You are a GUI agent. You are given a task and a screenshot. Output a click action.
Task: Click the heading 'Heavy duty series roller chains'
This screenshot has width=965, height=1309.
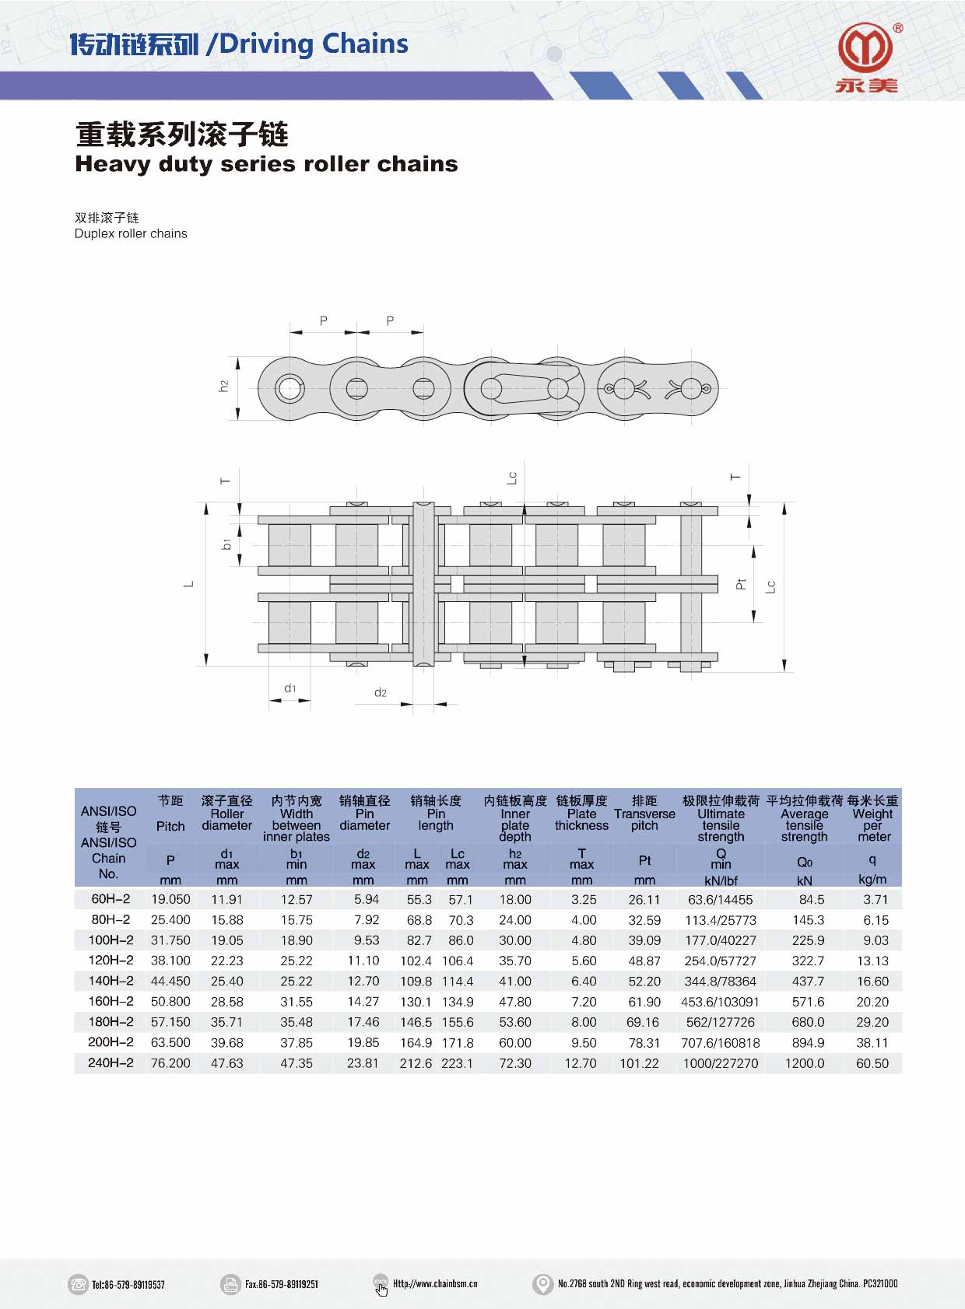pyautogui.click(x=267, y=164)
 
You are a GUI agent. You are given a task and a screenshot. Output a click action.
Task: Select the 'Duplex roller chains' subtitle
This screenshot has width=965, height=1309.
pyautogui.click(x=131, y=234)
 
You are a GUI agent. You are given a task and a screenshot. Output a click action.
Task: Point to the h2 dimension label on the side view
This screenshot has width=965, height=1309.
pyautogui.click(x=223, y=387)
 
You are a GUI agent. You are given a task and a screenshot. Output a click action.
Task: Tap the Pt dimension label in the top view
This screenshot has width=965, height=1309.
pyautogui.click(x=741, y=584)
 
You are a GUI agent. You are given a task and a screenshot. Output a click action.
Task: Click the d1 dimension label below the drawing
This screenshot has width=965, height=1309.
pyautogui.click(x=290, y=688)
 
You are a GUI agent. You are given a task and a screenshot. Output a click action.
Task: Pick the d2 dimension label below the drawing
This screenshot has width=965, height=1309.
pyautogui.click(x=380, y=692)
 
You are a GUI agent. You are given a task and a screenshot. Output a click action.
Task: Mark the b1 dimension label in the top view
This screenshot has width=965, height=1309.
pyautogui.click(x=226, y=544)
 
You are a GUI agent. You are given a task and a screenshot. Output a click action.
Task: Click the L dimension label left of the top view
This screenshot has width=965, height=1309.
pyautogui.click(x=188, y=584)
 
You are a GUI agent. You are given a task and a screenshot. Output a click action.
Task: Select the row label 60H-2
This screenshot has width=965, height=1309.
pyautogui.click(x=111, y=899)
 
